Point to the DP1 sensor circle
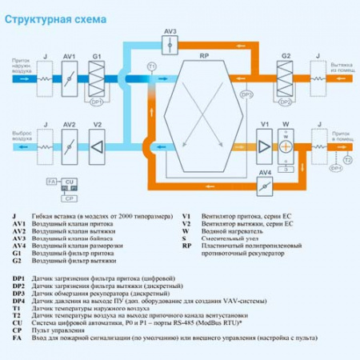(97, 102)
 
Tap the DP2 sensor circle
(286, 102)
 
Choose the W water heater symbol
(286, 146)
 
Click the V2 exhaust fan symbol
(97, 146)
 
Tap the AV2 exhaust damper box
(70, 146)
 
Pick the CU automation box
(70, 182)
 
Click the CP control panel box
(70, 197)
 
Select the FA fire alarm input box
(50, 182)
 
